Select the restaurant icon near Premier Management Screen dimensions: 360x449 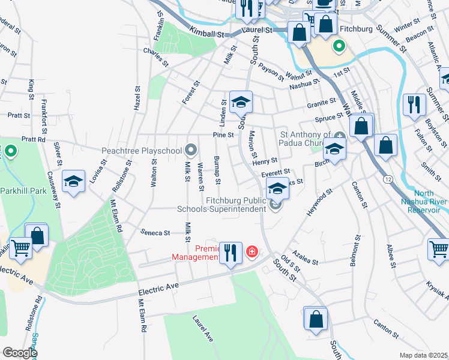231,253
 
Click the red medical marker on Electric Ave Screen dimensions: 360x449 252,251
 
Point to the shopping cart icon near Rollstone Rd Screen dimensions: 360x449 20,247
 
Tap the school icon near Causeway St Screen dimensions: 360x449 73,182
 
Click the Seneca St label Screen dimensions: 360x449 156,232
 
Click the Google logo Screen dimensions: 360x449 19,353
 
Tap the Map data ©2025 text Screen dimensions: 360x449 423,355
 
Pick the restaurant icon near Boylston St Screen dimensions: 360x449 413,104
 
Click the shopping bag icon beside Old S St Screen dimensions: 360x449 316,320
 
